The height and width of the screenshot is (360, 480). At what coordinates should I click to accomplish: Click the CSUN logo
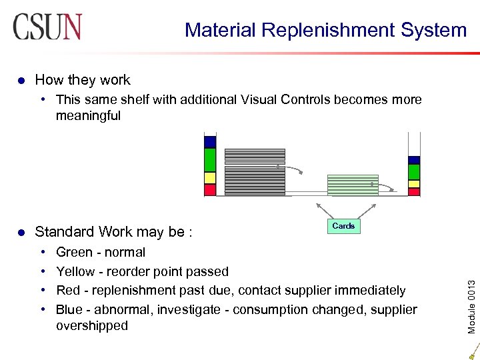[47, 27]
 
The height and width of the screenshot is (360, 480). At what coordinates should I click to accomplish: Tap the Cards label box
[343, 226]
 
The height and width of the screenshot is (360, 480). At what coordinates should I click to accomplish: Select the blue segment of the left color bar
[210, 141]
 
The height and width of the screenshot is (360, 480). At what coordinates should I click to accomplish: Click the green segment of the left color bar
[210, 160]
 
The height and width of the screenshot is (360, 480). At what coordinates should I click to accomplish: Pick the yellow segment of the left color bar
[210, 178]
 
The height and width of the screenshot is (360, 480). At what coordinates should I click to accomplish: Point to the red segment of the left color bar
[210, 190]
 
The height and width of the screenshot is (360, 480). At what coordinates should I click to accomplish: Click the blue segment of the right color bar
[414, 160]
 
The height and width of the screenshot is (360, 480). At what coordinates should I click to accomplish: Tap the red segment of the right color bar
[414, 192]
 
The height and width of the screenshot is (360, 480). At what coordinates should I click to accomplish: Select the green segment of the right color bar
[414, 171]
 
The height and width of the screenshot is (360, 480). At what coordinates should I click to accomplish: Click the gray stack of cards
[255, 171]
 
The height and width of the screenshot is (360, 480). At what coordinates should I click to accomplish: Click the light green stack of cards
[352, 185]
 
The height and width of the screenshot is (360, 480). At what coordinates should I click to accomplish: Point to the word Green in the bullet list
[73, 252]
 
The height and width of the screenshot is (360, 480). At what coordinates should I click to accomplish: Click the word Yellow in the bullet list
[75, 271]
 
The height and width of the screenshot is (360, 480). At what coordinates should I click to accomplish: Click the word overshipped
[91, 326]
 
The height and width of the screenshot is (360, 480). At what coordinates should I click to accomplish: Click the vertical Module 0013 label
[471, 289]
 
